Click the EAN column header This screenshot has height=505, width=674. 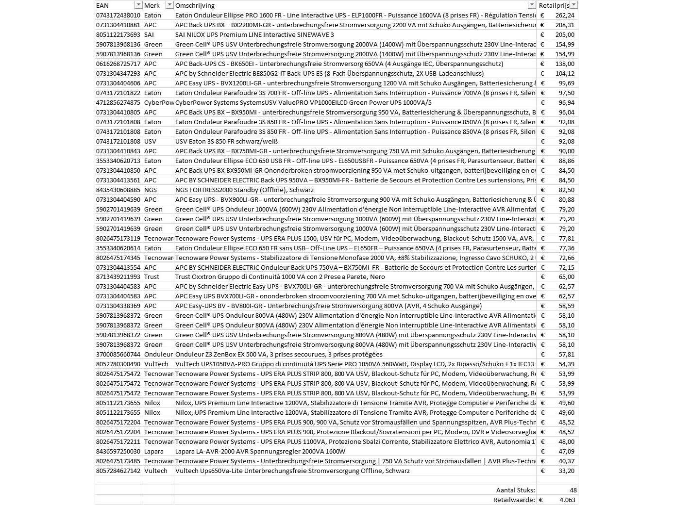point(103,5)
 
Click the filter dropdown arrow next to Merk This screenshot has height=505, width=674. point(169,5)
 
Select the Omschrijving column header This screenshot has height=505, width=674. point(195,5)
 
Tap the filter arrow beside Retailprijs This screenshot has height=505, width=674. point(573,5)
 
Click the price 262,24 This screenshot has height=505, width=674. point(565,15)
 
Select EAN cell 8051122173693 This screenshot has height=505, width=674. point(118,34)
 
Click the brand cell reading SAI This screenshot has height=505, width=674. point(149,34)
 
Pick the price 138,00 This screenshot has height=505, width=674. point(565,64)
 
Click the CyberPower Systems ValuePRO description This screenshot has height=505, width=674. point(303,102)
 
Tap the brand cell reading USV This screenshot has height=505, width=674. point(150,141)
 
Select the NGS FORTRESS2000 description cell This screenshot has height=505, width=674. point(244,190)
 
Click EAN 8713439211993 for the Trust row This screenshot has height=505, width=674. point(118,277)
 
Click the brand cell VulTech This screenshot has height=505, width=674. point(156,364)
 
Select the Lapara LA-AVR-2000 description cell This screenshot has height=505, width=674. point(260,451)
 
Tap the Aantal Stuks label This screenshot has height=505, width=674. point(515,490)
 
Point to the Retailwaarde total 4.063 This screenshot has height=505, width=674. point(567,500)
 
